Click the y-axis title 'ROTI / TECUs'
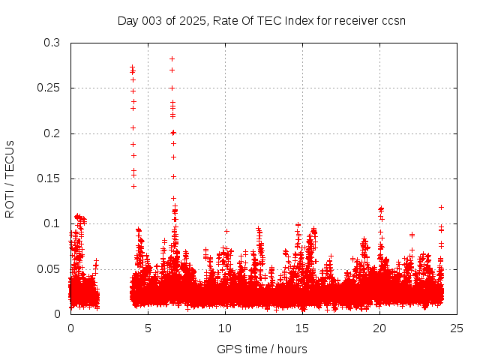pos(10,178)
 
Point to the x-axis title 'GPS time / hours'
pos(262,349)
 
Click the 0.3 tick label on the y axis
pos(52,43)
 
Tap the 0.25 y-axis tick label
pos(49,88)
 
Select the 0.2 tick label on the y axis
pos(52,133)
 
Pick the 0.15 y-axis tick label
pos(49,178)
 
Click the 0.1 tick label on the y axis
pos(52,223)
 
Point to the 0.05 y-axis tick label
pos(49,268)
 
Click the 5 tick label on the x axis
pos(148,328)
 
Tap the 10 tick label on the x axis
pos(225,328)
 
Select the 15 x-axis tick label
pos(302,328)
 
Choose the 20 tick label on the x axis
pos(379,328)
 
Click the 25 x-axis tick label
pos(457,328)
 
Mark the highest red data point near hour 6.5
pos(172,58)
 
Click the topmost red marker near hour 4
pos(133,67)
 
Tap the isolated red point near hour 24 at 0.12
pos(441,207)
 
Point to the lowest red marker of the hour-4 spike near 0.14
pos(133,186)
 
